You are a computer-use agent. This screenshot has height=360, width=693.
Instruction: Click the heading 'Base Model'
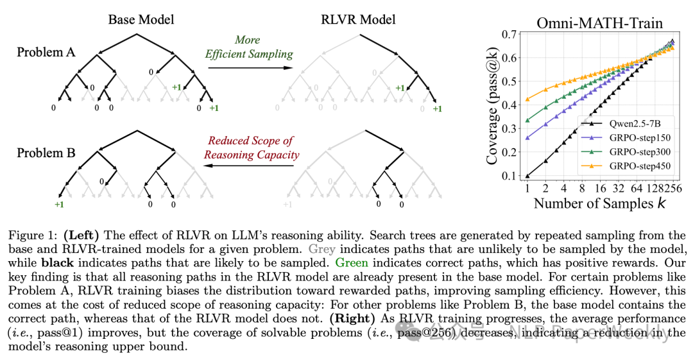[x=141, y=19]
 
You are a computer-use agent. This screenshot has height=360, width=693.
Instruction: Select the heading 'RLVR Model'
[x=358, y=19]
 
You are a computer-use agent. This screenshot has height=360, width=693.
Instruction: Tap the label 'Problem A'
[x=46, y=52]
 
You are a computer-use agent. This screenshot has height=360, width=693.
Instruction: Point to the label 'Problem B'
[x=46, y=153]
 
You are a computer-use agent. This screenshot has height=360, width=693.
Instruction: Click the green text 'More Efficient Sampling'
[x=249, y=47]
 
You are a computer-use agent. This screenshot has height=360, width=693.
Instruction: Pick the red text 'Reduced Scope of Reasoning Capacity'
[x=252, y=148]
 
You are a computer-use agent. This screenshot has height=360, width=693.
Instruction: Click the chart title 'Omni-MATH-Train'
[x=600, y=23]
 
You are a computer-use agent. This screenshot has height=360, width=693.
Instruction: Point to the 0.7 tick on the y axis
[x=509, y=34]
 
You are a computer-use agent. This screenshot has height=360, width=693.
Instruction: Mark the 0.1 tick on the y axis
[x=509, y=176]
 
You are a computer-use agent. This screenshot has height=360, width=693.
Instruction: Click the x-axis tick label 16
[x=600, y=189]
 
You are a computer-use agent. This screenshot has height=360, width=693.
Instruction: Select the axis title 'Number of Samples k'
[x=600, y=203]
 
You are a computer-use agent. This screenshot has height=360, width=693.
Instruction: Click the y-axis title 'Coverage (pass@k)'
[x=492, y=105]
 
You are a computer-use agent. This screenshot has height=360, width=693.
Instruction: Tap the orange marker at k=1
[x=527, y=99]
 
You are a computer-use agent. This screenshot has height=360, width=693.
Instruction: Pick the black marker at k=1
[x=527, y=176]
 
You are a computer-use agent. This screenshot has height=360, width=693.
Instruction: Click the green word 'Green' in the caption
[x=352, y=262]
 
